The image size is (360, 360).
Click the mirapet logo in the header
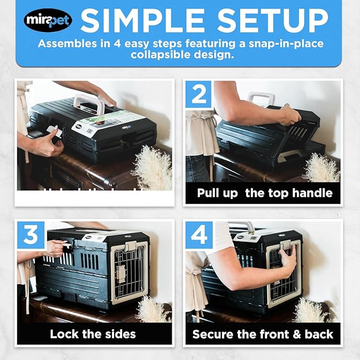tap(48, 21)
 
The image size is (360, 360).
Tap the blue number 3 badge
tap(31, 235)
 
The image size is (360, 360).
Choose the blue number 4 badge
tap(198, 235)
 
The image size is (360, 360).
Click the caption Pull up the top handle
tap(265, 193)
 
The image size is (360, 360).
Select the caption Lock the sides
tap(93, 334)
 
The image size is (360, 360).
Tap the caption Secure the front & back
tap(263, 334)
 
